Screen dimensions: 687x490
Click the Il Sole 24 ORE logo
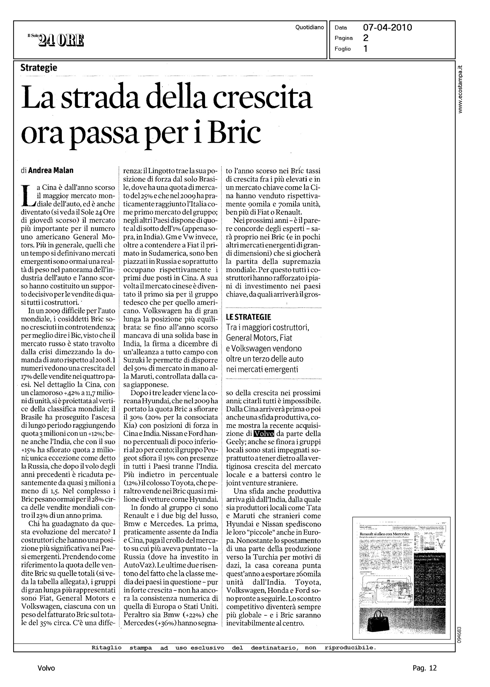click(55, 40)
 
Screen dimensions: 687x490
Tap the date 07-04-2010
click(388, 28)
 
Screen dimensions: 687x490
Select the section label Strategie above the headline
click(39, 68)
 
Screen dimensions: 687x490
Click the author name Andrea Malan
click(51, 171)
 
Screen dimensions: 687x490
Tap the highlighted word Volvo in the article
click(264, 434)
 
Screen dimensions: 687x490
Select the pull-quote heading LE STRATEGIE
click(248, 317)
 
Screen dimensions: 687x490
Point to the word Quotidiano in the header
click(310, 27)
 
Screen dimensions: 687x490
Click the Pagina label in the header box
click(344, 38)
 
